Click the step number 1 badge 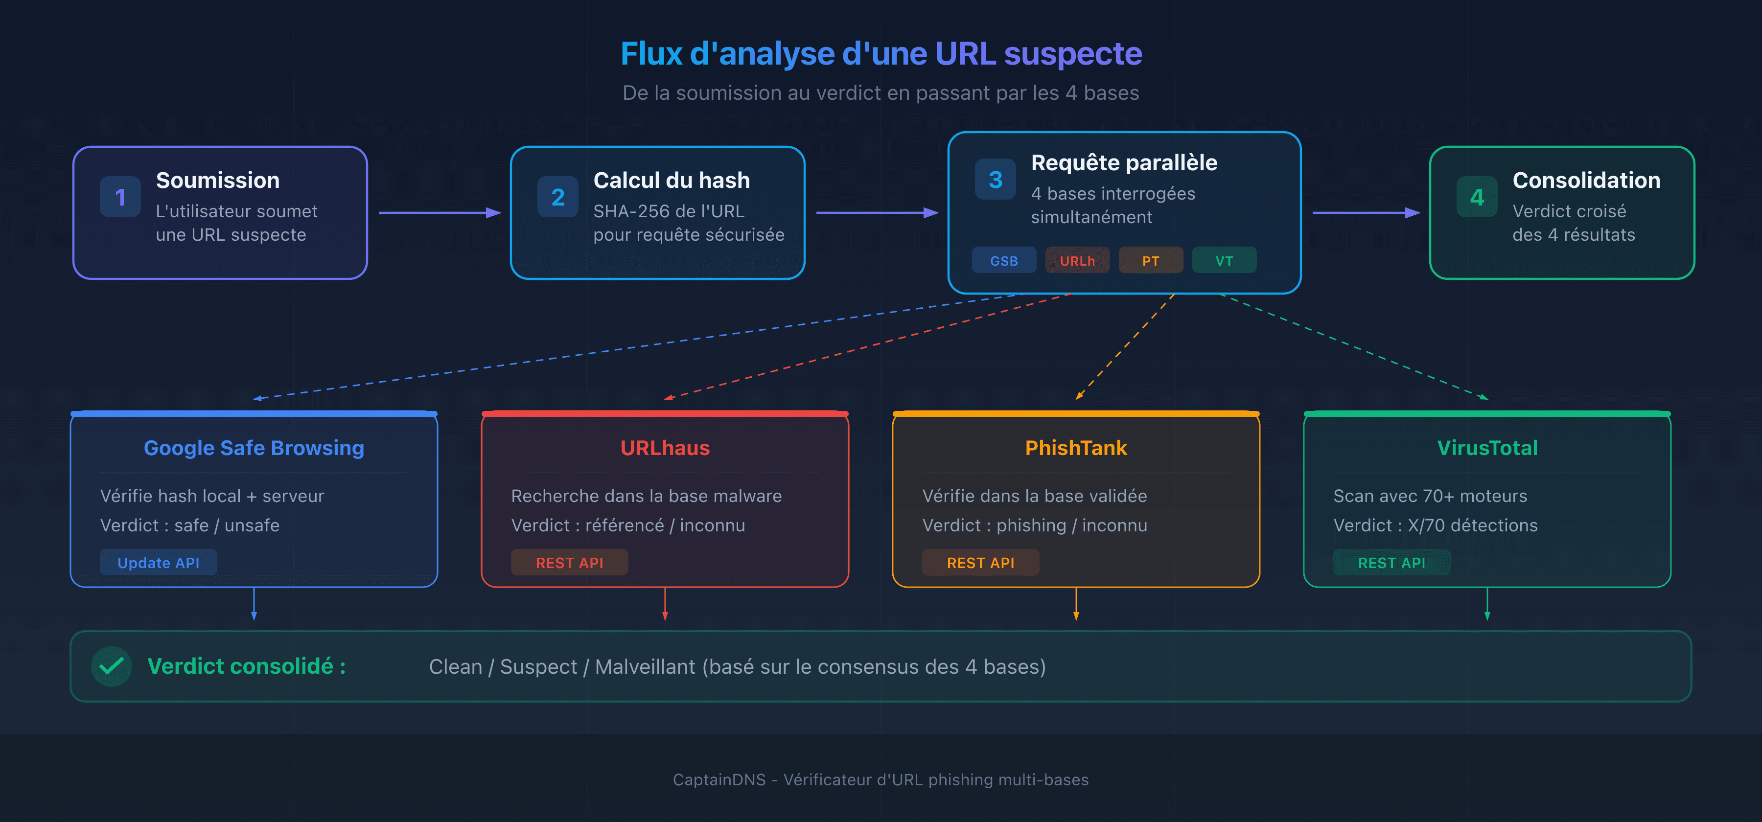(x=120, y=197)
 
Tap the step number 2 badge (x=557, y=197)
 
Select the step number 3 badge (x=995, y=179)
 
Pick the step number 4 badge (x=1477, y=197)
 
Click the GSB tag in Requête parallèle (x=1003, y=261)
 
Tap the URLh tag (x=1077, y=261)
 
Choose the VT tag (x=1224, y=261)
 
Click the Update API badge (x=158, y=562)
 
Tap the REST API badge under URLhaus (x=569, y=562)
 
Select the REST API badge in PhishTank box (x=980, y=562)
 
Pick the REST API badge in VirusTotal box (x=1391, y=562)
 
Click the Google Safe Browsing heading (x=254, y=448)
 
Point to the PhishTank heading (x=1075, y=448)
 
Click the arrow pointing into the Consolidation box (x=1365, y=213)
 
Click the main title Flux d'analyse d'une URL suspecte (x=881, y=53)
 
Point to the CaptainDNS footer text (x=881, y=779)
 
